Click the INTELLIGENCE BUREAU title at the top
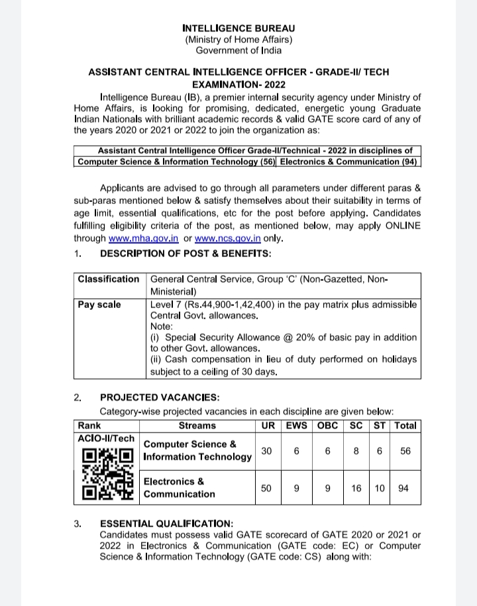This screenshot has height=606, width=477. tap(238, 28)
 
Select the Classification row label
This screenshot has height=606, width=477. tap(109, 279)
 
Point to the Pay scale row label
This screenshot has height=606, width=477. tap(99, 304)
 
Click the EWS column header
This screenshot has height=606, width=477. tap(296, 425)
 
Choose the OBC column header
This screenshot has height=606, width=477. tap(328, 425)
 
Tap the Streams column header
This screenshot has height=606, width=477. tap(197, 425)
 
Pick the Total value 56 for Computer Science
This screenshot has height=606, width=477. tap(405, 450)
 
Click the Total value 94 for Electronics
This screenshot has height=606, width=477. tap(403, 488)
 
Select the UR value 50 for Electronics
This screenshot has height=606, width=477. tap(266, 488)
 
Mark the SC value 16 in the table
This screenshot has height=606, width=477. tap(356, 488)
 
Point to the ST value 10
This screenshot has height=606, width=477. tap(380, 488)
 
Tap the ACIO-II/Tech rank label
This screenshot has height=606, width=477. tap(106, 438)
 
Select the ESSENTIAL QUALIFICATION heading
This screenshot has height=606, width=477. tap(166, 523)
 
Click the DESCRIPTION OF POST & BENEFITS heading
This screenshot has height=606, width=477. tap(185, 253)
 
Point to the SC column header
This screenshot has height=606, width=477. tap(356, 425)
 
